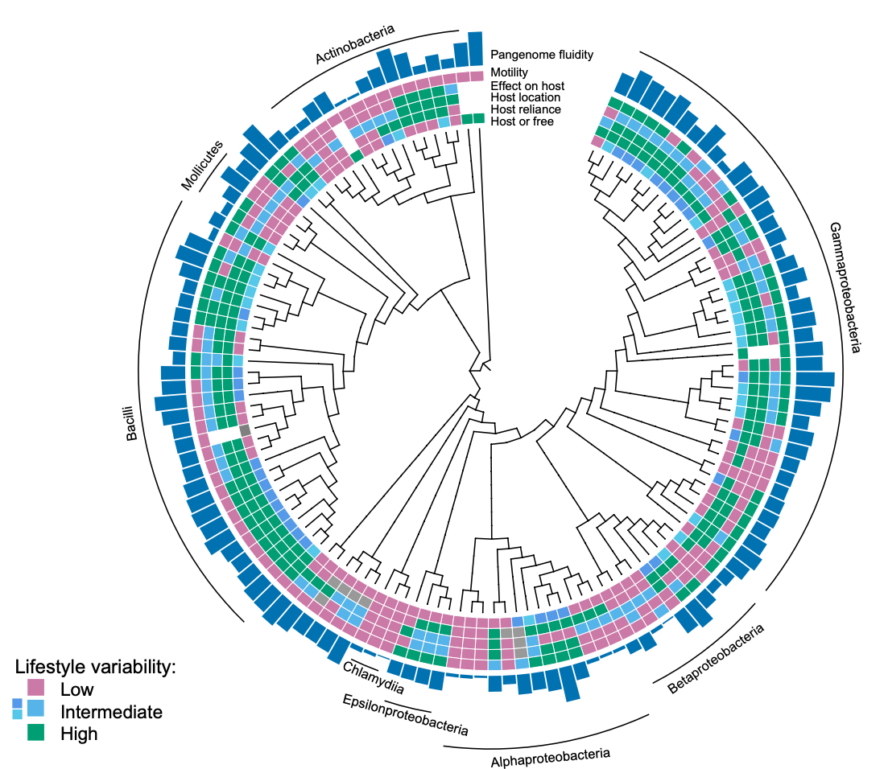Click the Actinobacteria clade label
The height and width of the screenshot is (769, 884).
pyautogui.click(x=354, y=44)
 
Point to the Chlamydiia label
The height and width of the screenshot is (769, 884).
pyautogui.click(x=373, y=677)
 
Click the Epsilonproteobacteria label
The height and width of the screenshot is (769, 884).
pyautogui.click(x=405, y=714)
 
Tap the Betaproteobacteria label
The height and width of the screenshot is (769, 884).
pyautogui.click(x=716, y=658)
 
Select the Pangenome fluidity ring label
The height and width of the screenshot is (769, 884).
pyautogui.click(x=542, y=55)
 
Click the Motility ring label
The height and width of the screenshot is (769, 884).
pyautogui.click(x=509, y=72)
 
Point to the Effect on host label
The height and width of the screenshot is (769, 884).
pyautogui.click(x=527, y=85)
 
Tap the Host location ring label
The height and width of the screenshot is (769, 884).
pyautogui.click(x=525, y=97)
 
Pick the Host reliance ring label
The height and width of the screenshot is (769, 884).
pyautogui.click(x=525, y=109)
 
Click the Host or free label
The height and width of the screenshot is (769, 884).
pyautogui.click(x=522, y=121)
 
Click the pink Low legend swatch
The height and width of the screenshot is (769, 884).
pyautogui.click(x=36, y=688)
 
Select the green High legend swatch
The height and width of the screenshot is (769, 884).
pyautogui.click(x=36, y=732)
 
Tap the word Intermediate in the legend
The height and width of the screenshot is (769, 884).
pyautogui.click(x=111, y=712)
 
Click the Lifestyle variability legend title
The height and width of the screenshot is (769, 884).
pyautogui.click(x=95, y=667)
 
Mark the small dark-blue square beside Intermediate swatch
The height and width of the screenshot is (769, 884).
pyautogui.click(x=17, y=703)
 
